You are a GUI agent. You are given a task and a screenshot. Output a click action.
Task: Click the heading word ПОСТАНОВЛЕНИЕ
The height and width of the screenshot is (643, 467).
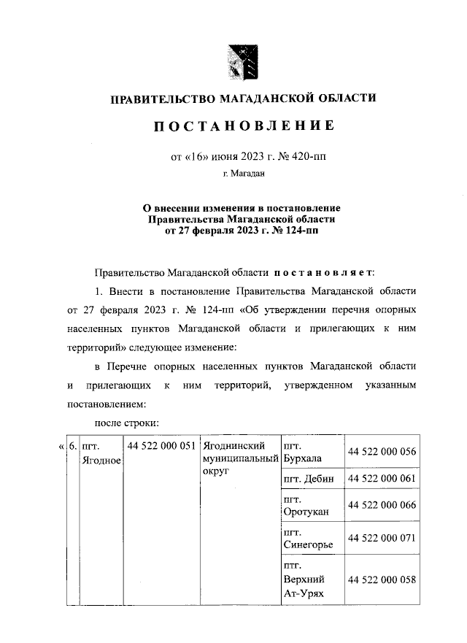[x=243, y=126]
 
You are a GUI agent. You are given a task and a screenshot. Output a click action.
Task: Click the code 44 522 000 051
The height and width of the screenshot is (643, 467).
[x=161, y=445]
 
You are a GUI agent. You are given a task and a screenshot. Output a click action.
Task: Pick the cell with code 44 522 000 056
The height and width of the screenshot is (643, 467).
[x=382, y=451]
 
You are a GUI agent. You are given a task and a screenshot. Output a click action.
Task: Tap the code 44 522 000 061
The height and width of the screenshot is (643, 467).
[x=382, y=479]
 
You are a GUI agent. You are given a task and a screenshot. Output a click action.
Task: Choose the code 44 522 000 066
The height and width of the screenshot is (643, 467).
[x=382, y=505]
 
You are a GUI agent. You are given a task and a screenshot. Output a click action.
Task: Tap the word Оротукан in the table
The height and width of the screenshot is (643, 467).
[x=306, y=512]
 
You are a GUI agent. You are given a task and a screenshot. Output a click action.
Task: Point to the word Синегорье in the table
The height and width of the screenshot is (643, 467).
[x=309, y=545]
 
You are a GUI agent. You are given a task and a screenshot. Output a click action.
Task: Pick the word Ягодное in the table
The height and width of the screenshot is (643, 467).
[x=102, y=459]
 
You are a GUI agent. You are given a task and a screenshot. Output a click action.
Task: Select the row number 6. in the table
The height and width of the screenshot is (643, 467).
[x=73, y=445]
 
